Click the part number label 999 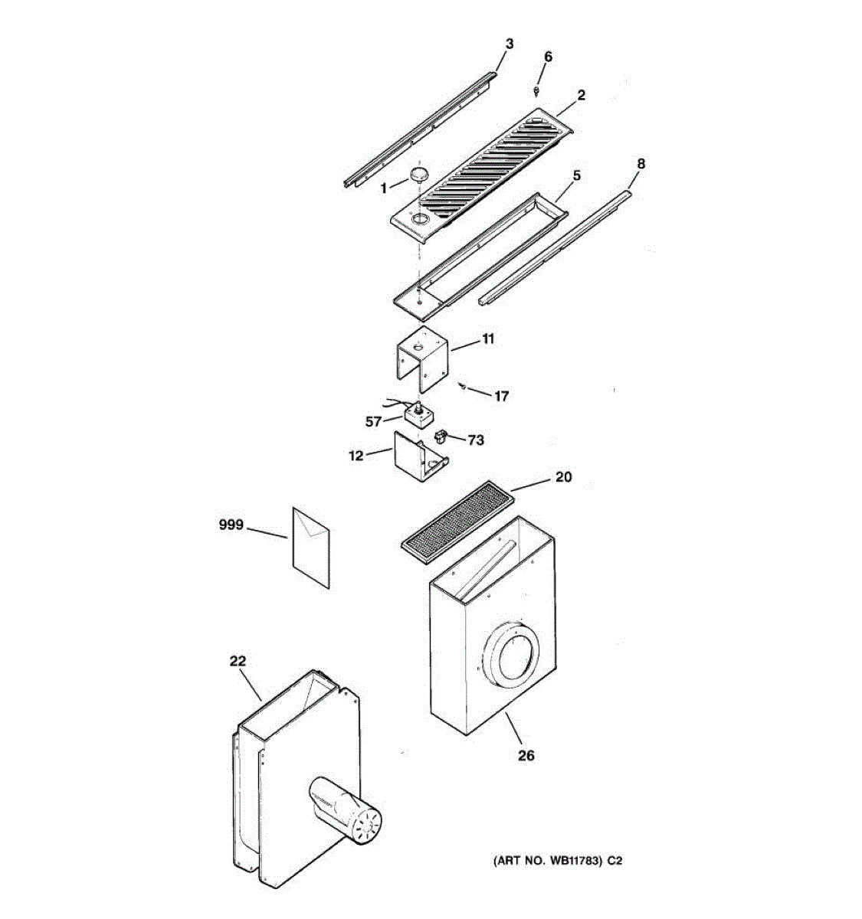tap(231, 525)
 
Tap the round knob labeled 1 tap(418, 174)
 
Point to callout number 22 tap(238, 660)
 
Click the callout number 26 tap(526, 755)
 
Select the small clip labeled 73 tap(440, 437)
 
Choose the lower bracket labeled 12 tap(418, 459)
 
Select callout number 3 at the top tap(509, 44)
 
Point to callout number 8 tap(641, 163)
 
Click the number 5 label tap(576, 175)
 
